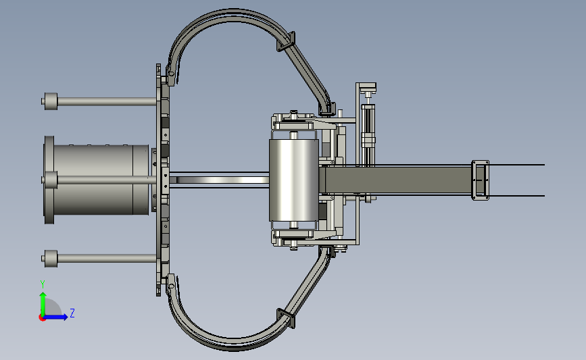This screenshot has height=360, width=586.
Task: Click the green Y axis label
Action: click(x=43, y=284)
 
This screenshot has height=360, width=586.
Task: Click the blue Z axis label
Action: click(x=72, y=313)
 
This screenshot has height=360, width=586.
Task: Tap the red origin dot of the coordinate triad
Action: click(x=42, y=317)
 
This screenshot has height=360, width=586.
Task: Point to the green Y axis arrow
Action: click(x=43, y=304)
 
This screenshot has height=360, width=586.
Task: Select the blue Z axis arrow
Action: click(x=56, y=317)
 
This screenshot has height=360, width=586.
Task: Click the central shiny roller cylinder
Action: click(x=294, y=180)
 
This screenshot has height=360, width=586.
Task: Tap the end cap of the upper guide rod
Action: click(x=51, y=101)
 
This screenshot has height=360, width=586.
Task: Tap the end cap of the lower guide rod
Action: click(x=51, y=259)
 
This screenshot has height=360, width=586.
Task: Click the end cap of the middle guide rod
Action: click(x=51, y=180)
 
